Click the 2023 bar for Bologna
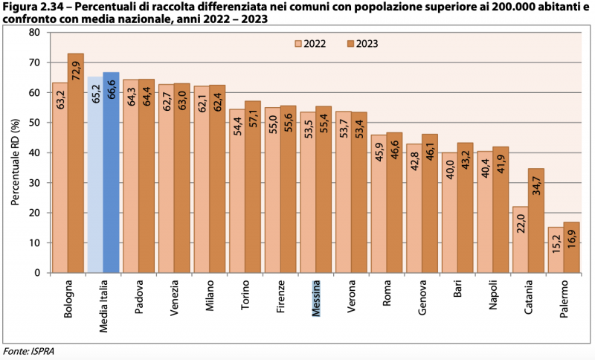(x=75, y=164)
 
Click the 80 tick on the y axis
(x=34, y=33)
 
